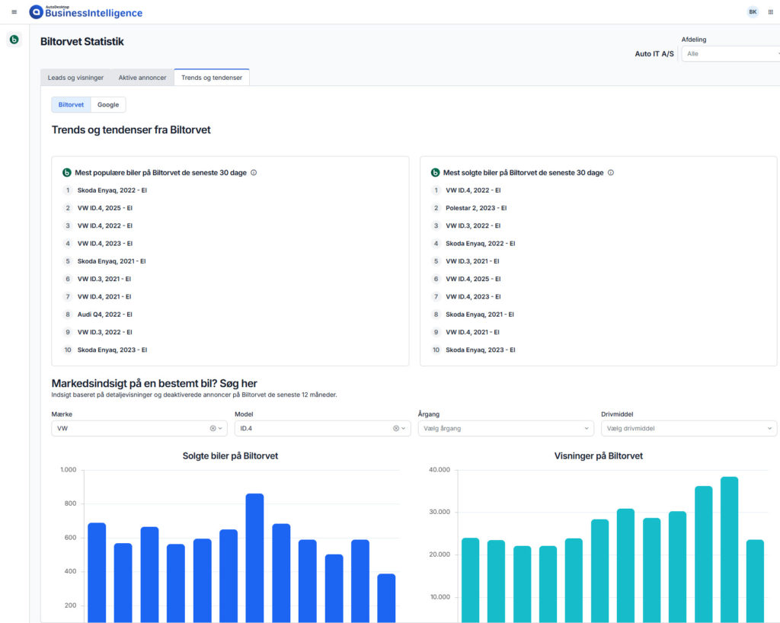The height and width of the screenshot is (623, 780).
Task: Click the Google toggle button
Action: [108, 105]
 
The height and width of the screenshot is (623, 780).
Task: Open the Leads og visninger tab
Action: [75, 78]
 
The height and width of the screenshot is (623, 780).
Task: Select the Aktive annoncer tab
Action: [142, 78]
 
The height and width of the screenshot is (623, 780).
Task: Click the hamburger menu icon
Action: [14, 12]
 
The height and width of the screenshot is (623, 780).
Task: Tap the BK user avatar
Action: [753, 12]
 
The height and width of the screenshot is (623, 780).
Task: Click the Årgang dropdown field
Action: [506, 429]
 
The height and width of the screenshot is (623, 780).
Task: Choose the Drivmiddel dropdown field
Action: [689, 429]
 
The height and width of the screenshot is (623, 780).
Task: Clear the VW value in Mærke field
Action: [213, 429]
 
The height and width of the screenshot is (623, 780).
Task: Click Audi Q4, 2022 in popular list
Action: [105, 315]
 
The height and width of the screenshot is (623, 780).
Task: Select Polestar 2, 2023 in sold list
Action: [476, 209]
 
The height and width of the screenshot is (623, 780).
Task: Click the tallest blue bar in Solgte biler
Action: [254, 558]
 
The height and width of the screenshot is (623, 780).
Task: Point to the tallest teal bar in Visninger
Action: [729, 549]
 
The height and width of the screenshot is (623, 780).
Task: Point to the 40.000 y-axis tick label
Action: [440, 470]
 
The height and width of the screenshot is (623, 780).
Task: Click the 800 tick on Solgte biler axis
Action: [70, 503]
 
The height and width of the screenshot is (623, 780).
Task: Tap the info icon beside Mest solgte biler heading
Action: [611, 173]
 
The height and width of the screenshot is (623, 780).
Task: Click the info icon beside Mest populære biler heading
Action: [254, 173]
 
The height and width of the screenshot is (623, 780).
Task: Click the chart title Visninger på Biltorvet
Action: [599, 456]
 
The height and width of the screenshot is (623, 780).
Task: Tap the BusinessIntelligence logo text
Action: [94, 13]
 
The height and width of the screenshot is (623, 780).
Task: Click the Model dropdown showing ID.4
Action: [322, 429]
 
